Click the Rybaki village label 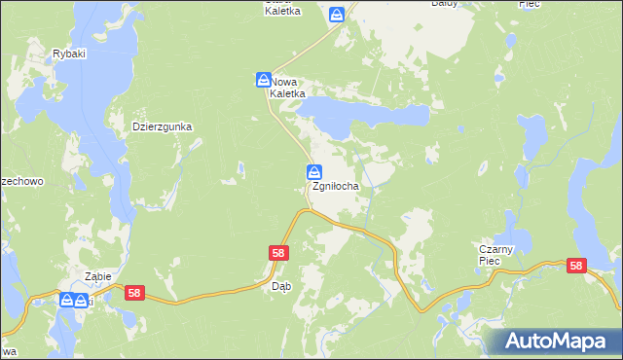[x=69, y=54]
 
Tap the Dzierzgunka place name [x=164, y=126]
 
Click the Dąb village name [x=281, y=286]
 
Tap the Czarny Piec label [x=501, y=255]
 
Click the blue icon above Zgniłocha [x=315, y=172]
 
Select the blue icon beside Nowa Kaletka [x=263, y=79]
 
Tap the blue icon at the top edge [x=337, y=15]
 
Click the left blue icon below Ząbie [x=67, y=300]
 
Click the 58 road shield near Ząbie [x=134, y=292]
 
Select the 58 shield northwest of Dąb [x=278, y=253]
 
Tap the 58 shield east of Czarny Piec [x=576, y=266]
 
